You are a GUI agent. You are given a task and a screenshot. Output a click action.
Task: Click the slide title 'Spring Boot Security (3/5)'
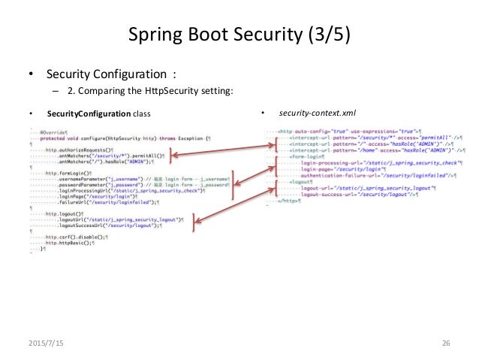238,33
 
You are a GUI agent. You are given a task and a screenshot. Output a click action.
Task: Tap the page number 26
445,343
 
